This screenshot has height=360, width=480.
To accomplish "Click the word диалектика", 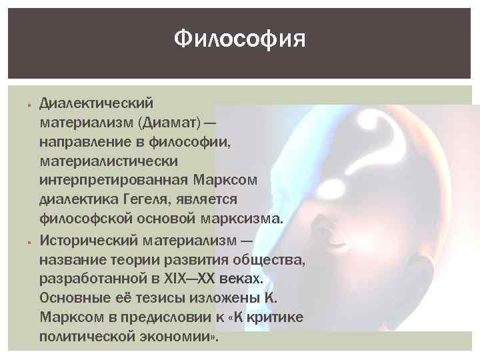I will [x=77, y=201].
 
